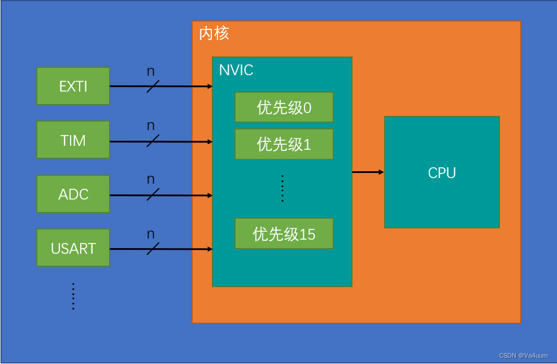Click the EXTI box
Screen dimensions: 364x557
pyautogui.click(x=73, y=86)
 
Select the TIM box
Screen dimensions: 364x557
pyautogui.click(x=73, y=140)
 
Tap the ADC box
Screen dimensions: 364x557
pyautogui.click(x=73, y=194)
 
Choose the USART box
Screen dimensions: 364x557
pyautogui.click(x=73, y=248)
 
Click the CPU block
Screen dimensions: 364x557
pyautogui.click(x=442, y=172)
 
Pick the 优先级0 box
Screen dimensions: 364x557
pyautogui.click(x=284, y=107)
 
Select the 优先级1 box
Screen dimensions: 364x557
pyautogui.click(x=284, y=144)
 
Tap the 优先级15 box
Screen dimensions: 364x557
pyautogui.click(x=284, y=233)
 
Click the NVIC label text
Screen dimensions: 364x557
pyautogui.click(x=236, y=70)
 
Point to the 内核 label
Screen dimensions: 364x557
pyautogui.click(x=214, y=33)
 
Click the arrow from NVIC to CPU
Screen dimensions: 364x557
pyautogui.click(x=368, y=172)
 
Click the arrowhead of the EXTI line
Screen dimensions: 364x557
pyautogui.click(x=210, y=86)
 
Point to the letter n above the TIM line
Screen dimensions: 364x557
pyautogui.click(x=151, y=125)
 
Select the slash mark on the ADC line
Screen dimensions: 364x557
pyautogui.click(x=153, y=195)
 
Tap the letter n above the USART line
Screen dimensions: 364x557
pyautogui.click(x=151, y=233)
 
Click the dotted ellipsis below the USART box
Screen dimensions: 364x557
pyautogui.click(x=73, y=296)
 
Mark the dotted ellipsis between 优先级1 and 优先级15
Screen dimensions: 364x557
pyautogui.click(x=282, y=188)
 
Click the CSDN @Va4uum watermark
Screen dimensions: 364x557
pyautogui.click(x=523, y=356)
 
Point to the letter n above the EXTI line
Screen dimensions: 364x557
pyautogui.click(x=151, y=71)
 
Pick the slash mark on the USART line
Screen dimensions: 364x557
pyautogui.click(x=153, y=249)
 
